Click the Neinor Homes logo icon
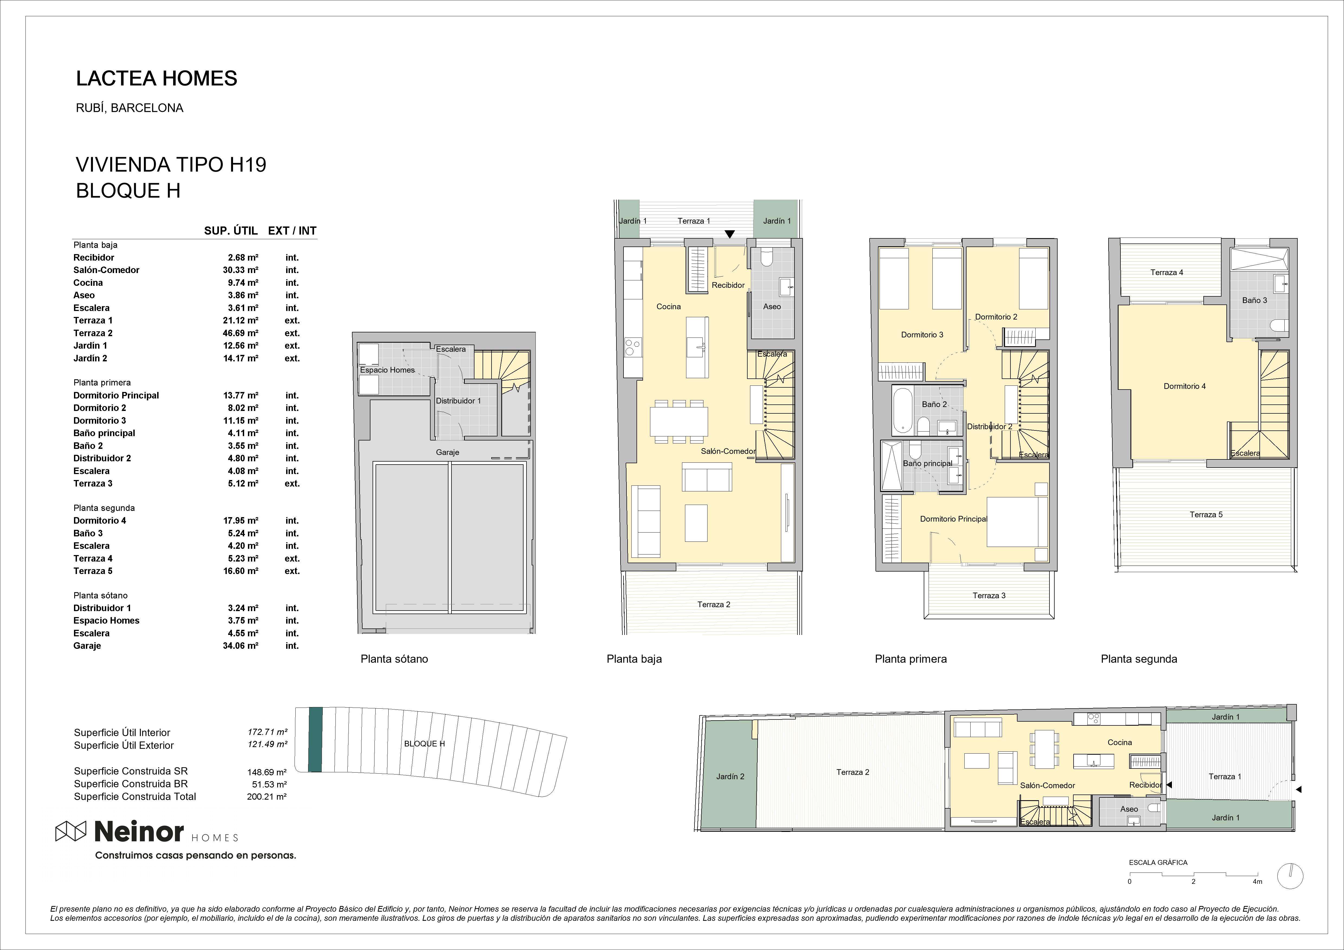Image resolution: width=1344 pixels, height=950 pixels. click(70, 831)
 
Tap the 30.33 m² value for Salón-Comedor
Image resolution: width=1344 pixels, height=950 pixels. click(241, 270)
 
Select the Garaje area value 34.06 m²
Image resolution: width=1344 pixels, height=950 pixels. click(241, 646)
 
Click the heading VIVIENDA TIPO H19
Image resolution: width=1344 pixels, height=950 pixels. click(171, 164)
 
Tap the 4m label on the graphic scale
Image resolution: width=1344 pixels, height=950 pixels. click(1257, 881)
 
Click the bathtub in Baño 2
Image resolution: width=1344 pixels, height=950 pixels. click(903, 410)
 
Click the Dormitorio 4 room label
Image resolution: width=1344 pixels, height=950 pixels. click(1185, 386)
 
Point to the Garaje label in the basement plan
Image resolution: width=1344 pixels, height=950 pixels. click(447, 452)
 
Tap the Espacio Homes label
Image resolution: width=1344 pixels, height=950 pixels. click(387, 370)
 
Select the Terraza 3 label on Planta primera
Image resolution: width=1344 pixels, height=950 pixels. click(989, 595)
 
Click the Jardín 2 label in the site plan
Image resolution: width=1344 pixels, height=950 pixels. click(730, 777)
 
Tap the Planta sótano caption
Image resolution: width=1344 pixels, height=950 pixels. click(394, 659)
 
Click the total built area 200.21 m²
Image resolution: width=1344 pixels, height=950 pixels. click(266, 797)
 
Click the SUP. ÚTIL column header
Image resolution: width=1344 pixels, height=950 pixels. click(231, 231)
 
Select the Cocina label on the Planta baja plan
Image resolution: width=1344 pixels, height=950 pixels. click(668, 307)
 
